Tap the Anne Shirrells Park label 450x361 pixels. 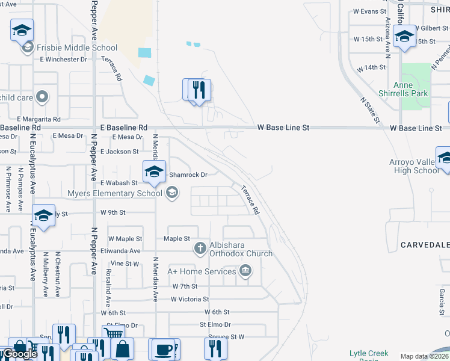tap(411, 89)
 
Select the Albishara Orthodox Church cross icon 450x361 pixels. tap(200, 248)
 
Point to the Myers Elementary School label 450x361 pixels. tap(114, 193)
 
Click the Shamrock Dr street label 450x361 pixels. tap(188, 174)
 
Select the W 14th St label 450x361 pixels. tap(371, 68)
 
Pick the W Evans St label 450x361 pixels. tap(369, 11)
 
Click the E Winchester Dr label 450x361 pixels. tap(63, 60)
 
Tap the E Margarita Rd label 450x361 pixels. tap(39, 119)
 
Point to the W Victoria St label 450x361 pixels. tap(190, 299)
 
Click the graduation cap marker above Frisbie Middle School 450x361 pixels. tap(22, 29)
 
